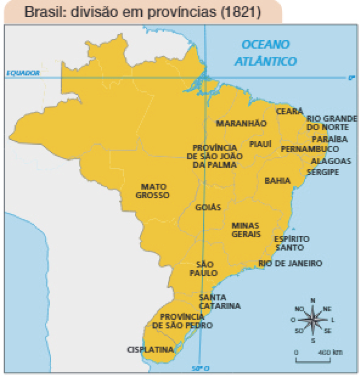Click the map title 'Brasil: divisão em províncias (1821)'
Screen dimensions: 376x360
(x=142, y=12)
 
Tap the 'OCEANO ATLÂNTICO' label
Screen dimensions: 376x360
(x=265, y=52)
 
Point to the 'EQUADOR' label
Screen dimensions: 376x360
(x=23, y=72)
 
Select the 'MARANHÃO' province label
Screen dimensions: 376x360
(x=241, y=123)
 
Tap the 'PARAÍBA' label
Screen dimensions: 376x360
(x=330, y=139)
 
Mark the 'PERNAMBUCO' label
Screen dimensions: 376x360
(x=310, y=149)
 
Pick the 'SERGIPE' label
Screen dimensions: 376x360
(x=323, y=172)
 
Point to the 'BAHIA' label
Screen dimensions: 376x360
(x=277, y=181)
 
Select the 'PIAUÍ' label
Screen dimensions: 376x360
(x=261, y=144)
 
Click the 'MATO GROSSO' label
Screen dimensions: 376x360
(x=155, y=191)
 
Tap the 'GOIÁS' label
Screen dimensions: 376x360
(x=208, y=207)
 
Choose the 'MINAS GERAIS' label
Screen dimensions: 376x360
(x=246, y=229)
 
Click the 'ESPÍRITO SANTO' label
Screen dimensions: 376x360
(x=292, y=243)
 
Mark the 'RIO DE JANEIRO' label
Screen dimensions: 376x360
(x=290, y=263)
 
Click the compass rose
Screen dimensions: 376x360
(x=313, y=319)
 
